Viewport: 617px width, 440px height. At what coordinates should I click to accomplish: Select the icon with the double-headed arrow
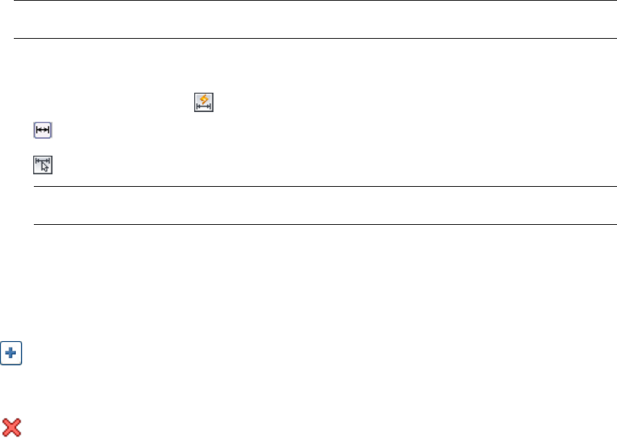pos(43,130)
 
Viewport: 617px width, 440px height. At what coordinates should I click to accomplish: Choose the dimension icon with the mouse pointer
pos(43,165)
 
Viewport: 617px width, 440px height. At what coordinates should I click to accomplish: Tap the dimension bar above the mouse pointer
pos(42,161)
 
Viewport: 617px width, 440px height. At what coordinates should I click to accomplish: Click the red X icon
pos(11,427)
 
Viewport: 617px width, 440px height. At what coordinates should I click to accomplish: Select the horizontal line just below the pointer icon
pos(325,186)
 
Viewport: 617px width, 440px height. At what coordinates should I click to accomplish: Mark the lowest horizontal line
pos(325,223)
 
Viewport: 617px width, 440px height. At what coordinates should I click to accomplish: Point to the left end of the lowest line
pos(35,223)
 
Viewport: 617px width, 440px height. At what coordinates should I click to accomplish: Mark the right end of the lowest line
pos(615,223)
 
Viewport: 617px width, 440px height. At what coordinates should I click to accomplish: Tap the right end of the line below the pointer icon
pos(615,186)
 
